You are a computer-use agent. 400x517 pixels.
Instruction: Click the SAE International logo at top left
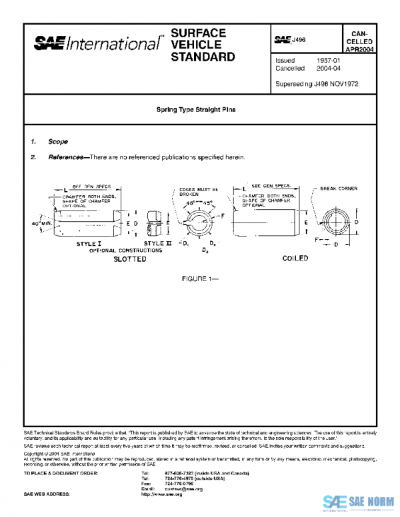[97, 44]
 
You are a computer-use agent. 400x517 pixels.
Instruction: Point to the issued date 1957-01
[329, 61]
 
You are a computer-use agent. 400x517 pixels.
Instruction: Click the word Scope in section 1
[57, 142]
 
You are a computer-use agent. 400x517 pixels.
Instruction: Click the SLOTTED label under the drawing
[129, 258]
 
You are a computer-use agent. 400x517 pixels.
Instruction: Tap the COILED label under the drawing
[295, 258]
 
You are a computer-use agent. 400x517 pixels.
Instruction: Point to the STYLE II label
[158, 244]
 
